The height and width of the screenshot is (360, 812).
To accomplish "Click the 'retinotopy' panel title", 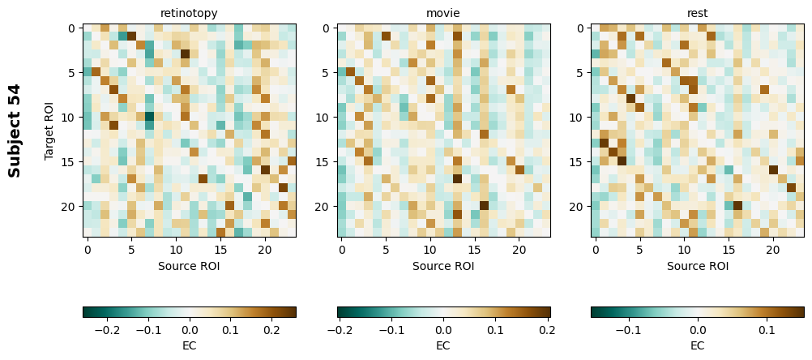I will tap(189, 13).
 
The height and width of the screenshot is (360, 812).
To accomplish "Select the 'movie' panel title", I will tap(443, 13).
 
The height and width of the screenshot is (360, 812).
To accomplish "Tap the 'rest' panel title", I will tap(698, 13).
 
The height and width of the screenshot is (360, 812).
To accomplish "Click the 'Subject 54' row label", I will tap(15, 131).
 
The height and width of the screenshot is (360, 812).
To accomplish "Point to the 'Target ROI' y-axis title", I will tap(49, 131).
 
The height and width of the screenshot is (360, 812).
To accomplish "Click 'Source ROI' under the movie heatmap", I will tap(443, 266).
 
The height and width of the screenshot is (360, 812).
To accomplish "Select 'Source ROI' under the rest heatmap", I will tap(698, 266).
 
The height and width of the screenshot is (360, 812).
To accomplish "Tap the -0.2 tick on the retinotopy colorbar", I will tap(108, 330).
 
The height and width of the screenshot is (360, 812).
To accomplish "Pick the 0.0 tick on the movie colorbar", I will tap(443, 330).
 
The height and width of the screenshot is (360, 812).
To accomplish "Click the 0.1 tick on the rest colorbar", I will tap(767, 330).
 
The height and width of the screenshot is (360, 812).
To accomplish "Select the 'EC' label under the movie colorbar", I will tap(443, 345).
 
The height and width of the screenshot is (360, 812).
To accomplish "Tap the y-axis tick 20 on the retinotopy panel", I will tap(69, 206).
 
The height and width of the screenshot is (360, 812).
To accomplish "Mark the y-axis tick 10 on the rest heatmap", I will tap(578, 117).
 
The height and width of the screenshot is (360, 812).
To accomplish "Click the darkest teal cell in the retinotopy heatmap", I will tap(149, 117).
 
